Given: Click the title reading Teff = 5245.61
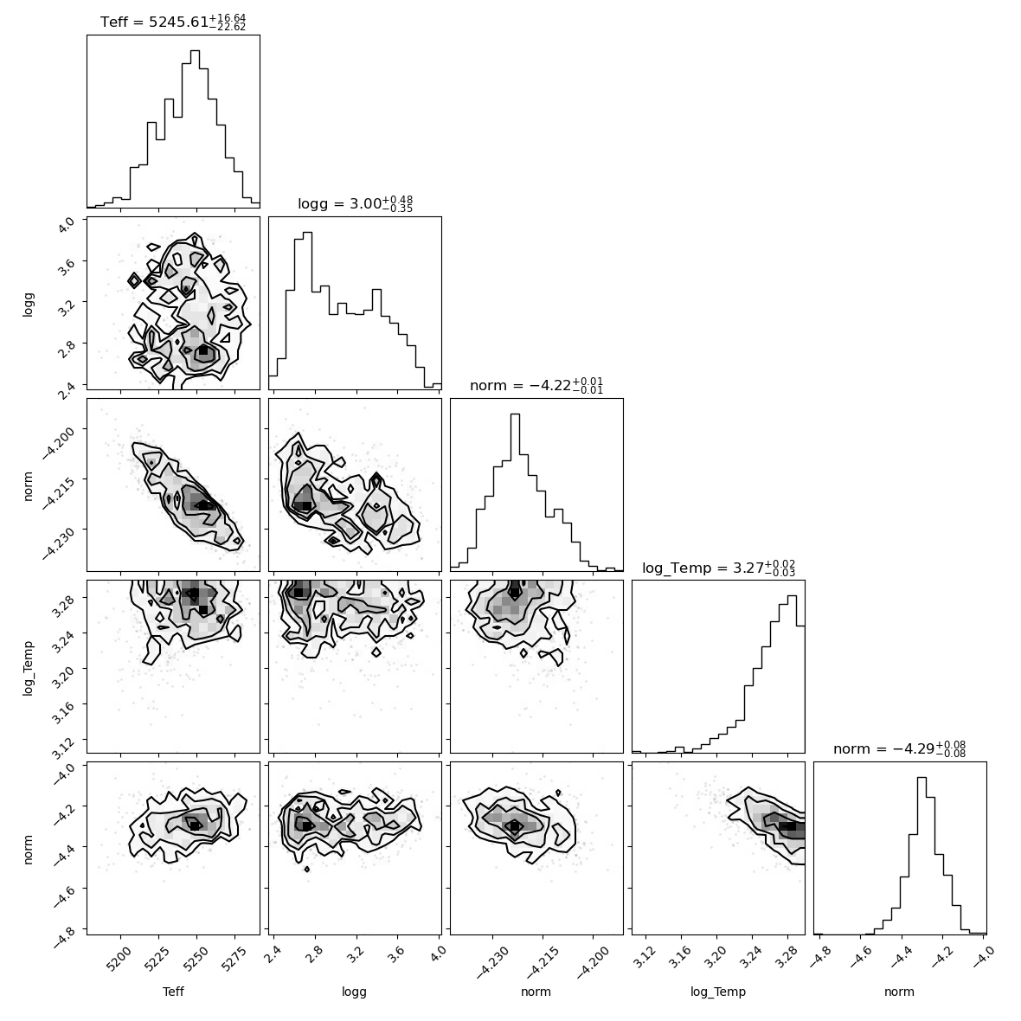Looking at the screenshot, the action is click(x=173, y=22).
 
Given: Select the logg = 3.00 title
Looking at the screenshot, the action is click(x=355, y=204).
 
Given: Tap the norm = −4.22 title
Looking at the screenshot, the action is click(x=536, y=386).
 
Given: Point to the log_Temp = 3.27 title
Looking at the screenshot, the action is click(x=718, y=568).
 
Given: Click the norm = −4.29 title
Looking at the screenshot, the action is click(x=899, y=748).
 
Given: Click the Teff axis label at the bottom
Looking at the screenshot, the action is click(x=173, y=992).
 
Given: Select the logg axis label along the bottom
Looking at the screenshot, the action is click(x=354, y=992).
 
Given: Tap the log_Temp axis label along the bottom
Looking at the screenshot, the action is click(x=718, y=992).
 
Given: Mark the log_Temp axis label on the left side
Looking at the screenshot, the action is click(x=28, y=668).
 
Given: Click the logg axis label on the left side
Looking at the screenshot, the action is click(x=28, y=304).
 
